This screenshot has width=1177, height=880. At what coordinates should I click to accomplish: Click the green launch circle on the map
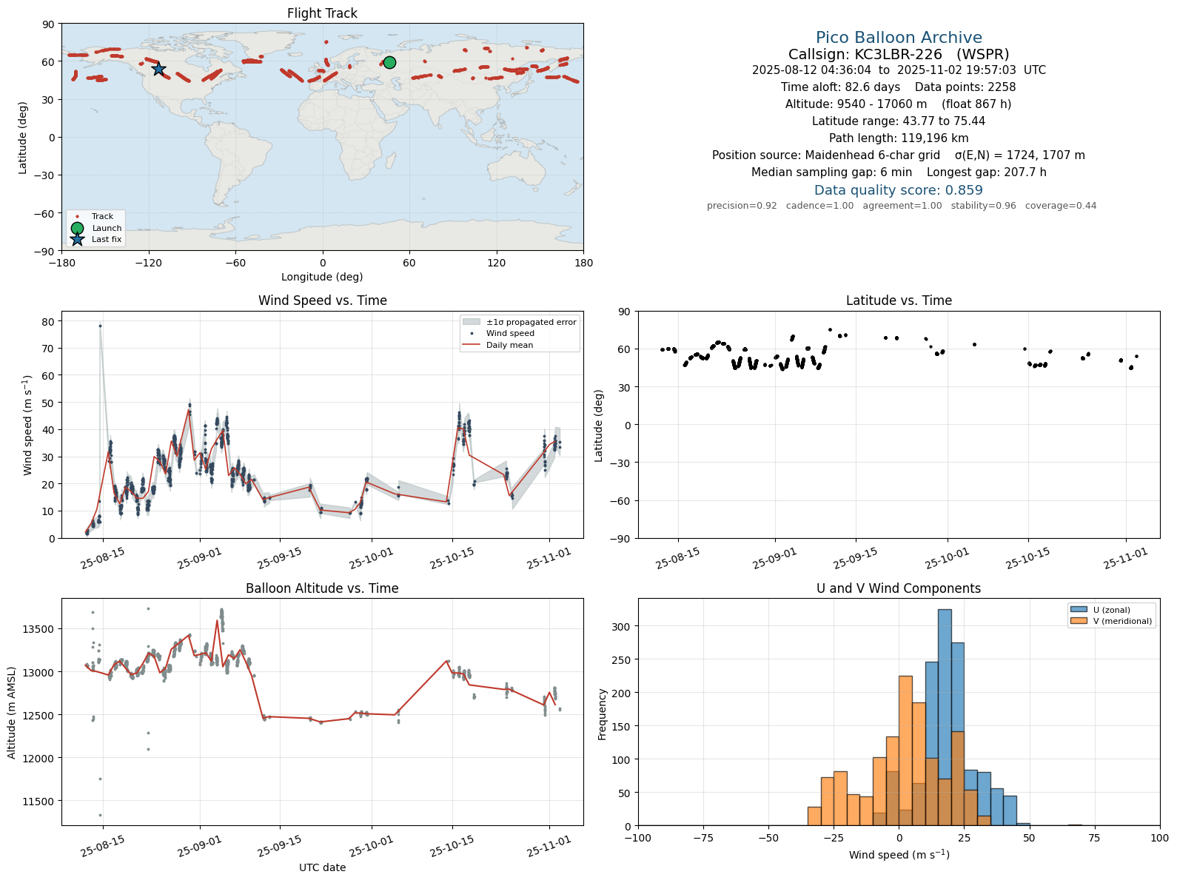pyautogui.click(x=390, y=63)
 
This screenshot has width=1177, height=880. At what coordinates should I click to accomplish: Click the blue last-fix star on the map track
pyautogui.click(x=158, y=69)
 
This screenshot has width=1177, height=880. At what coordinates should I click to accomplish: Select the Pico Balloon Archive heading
pyautogui.click(x=899, y=38)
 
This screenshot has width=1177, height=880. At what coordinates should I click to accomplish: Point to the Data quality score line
pyautogui.click(x=899, y=190)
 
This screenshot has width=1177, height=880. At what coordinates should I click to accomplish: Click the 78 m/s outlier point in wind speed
pyautogui.click(x=100, y=326)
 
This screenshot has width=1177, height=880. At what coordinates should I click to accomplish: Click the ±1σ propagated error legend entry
pyautogui.click(x=519, y=322)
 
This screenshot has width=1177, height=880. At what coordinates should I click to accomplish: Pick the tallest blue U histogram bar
pyautogui.click(x=945, y=718)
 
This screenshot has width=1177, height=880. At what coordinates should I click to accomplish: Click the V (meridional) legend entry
pyautogui.click(x=1110, y=621)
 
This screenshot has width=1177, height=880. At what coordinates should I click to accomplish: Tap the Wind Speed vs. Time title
pyautogui.click(x=322, y=300)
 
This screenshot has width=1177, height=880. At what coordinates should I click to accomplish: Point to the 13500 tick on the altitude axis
pyautogui.click(x=38, y=629)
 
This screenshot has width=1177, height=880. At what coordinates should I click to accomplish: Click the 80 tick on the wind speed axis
pyautogui.click(x=48, y=321)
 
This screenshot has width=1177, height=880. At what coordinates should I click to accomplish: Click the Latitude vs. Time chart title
pyautogui.click(x=899, y=300)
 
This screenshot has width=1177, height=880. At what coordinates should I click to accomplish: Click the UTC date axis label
pyautogui.click(x=322, y=867)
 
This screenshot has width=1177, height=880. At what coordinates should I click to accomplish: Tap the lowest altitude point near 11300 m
pyautogui.click(x=100, y=816)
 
